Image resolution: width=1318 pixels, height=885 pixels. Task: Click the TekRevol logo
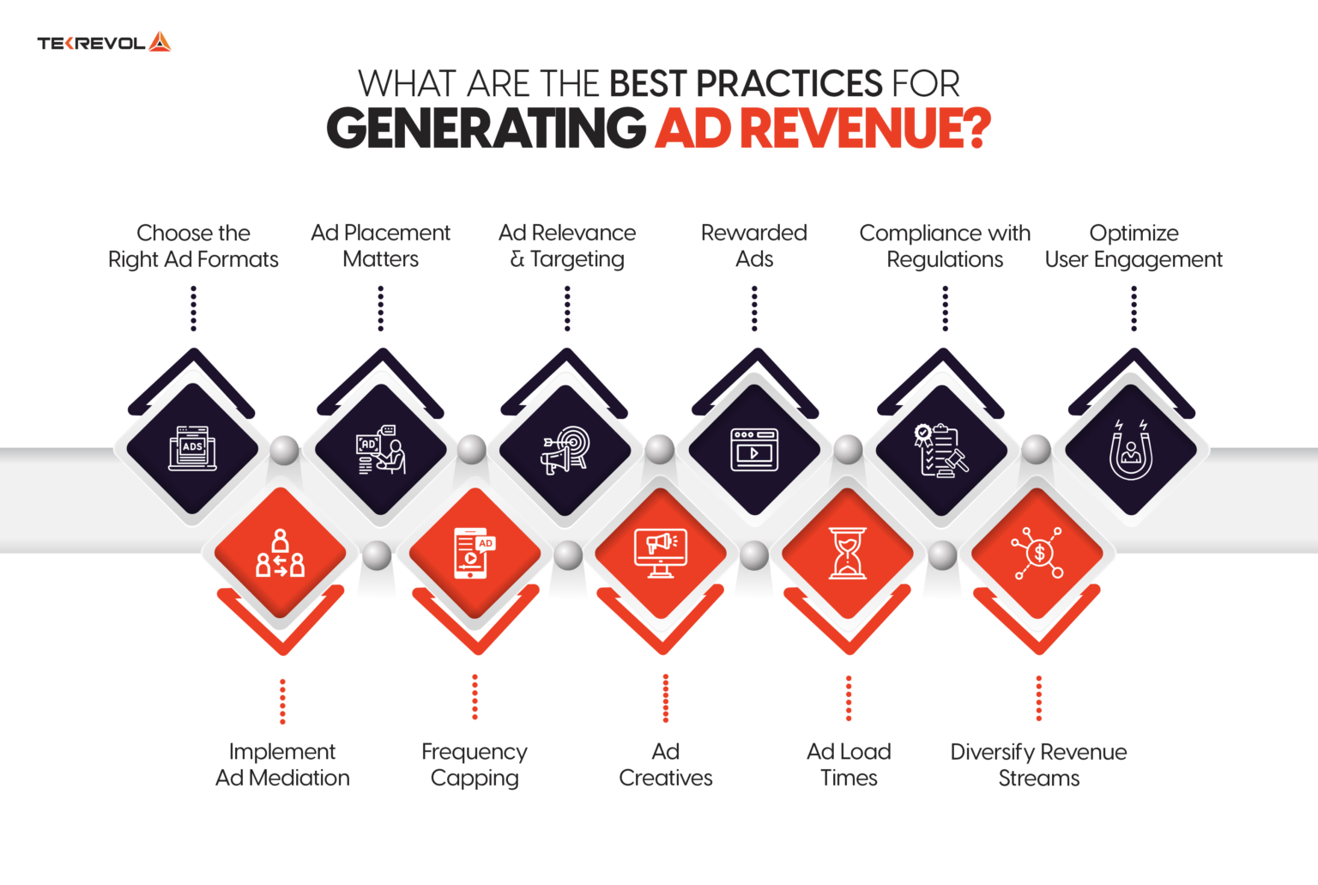[104, 42]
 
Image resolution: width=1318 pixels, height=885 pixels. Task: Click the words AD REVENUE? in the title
[823, 129]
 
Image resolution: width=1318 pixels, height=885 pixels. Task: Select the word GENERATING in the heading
[486, 129]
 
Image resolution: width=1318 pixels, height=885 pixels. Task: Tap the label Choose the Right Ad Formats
[193, 246]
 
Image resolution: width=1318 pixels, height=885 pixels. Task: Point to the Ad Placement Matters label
[380, 246]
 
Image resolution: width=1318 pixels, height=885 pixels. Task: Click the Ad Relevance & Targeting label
[567, 246]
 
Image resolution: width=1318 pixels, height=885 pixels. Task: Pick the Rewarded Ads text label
[754, 246]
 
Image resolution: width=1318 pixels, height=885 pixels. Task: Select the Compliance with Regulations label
[945, 246]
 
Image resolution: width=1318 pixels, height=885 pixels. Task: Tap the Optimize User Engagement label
[1134, 246]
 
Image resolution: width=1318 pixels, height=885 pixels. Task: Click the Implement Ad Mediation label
[282, 765]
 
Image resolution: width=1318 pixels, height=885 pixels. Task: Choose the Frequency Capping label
[475, 765]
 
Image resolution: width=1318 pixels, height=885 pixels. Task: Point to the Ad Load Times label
[849, 765]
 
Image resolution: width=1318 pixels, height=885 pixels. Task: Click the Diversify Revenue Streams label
[1038, 765]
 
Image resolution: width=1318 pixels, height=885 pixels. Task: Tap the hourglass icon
[848, 554]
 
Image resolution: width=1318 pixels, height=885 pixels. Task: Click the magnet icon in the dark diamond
[1131, 450]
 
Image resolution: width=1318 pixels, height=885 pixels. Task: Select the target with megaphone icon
[565, 450]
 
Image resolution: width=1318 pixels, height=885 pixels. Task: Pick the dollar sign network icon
[1037, 554]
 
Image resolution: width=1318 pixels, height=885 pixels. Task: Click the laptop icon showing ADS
[193, 448]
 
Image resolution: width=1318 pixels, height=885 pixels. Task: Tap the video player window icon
[754, 450]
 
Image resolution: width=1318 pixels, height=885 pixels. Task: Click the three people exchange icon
[280, 554]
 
